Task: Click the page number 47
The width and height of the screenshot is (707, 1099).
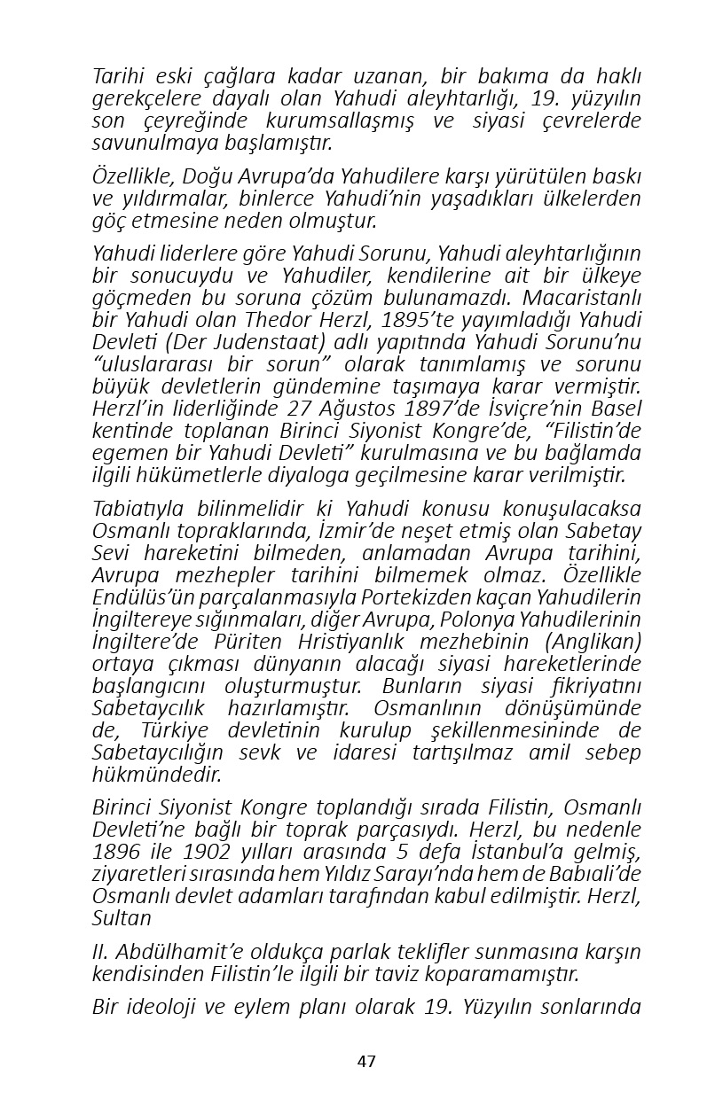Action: coord(366,1061)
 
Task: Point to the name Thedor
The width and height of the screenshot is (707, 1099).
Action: coord(268,320)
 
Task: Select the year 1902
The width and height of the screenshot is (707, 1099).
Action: coord(208,851)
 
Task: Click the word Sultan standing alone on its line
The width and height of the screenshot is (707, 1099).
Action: coord(122,917)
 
